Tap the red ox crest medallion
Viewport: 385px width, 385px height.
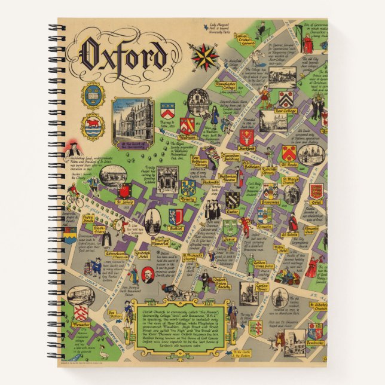coord(93,127)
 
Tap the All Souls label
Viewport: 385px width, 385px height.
coord(288,163)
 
